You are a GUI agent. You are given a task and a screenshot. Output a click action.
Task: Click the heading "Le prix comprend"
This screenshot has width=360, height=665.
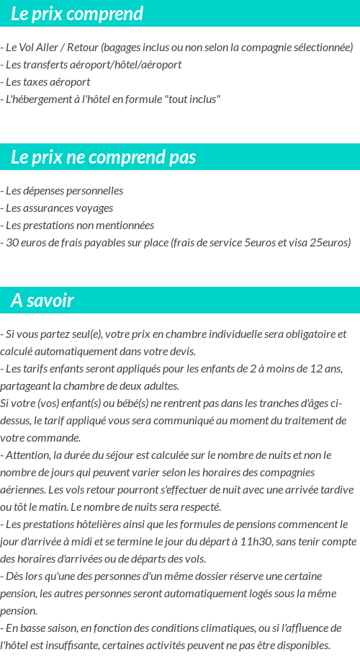76,14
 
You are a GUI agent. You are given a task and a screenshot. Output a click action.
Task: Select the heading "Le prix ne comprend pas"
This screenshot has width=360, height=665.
103,157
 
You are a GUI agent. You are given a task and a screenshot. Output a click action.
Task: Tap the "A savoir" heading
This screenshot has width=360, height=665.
42,300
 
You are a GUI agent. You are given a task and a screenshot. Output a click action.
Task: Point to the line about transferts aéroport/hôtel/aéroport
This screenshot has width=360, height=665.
93,65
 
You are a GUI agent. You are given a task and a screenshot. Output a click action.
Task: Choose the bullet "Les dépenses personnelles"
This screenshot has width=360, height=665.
63,191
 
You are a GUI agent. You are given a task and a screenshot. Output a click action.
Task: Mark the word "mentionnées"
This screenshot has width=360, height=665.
127,226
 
